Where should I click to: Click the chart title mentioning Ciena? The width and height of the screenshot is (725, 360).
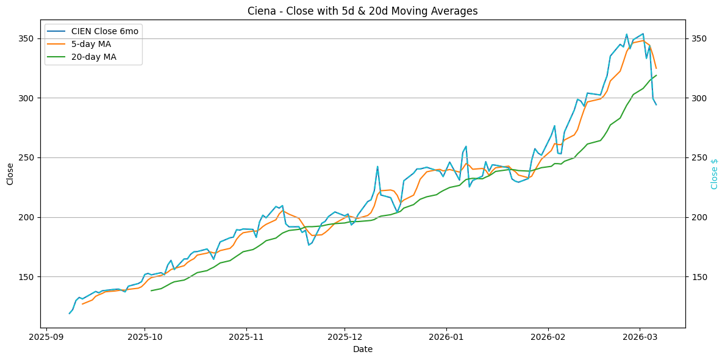point(362,11)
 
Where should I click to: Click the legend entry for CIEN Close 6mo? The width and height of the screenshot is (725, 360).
point(107,31)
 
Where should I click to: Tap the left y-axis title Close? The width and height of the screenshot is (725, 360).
point(10,174)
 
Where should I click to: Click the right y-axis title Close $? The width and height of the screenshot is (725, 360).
point(714,174)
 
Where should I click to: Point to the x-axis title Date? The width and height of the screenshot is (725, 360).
point(362,350)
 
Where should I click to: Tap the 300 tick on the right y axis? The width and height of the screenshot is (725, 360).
point(698,98)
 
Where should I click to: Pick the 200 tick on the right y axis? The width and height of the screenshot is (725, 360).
point(698,217)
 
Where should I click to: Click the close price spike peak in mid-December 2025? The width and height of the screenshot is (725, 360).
point(377,166)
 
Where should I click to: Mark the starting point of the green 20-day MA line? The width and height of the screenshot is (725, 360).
point(151,290)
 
